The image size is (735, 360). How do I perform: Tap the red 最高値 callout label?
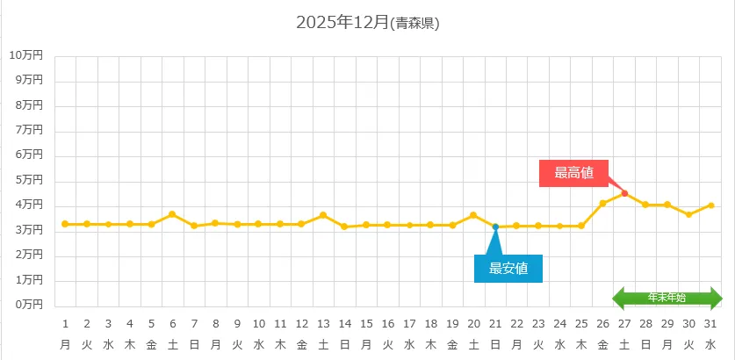(x=573, y=173)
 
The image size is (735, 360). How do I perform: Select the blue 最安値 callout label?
(x=508, y=269)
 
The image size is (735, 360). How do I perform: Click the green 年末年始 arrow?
(x=667, y=298)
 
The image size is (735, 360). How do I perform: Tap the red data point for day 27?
(x=624, y=193)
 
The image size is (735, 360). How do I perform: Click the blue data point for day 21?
(x=495, y=227)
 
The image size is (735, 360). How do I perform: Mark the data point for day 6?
(x=172, y=214)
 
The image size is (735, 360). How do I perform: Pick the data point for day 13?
(x=323, y=215)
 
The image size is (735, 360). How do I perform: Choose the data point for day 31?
(x=710, y=205)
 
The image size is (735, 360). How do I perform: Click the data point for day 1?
(x=65, y=224)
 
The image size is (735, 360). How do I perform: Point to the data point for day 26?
(x=602, y=204)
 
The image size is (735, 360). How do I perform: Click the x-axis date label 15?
(x=366, y=323)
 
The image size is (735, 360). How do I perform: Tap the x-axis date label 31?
(x=710, y=323)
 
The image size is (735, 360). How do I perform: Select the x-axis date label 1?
(x=65, y=323)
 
